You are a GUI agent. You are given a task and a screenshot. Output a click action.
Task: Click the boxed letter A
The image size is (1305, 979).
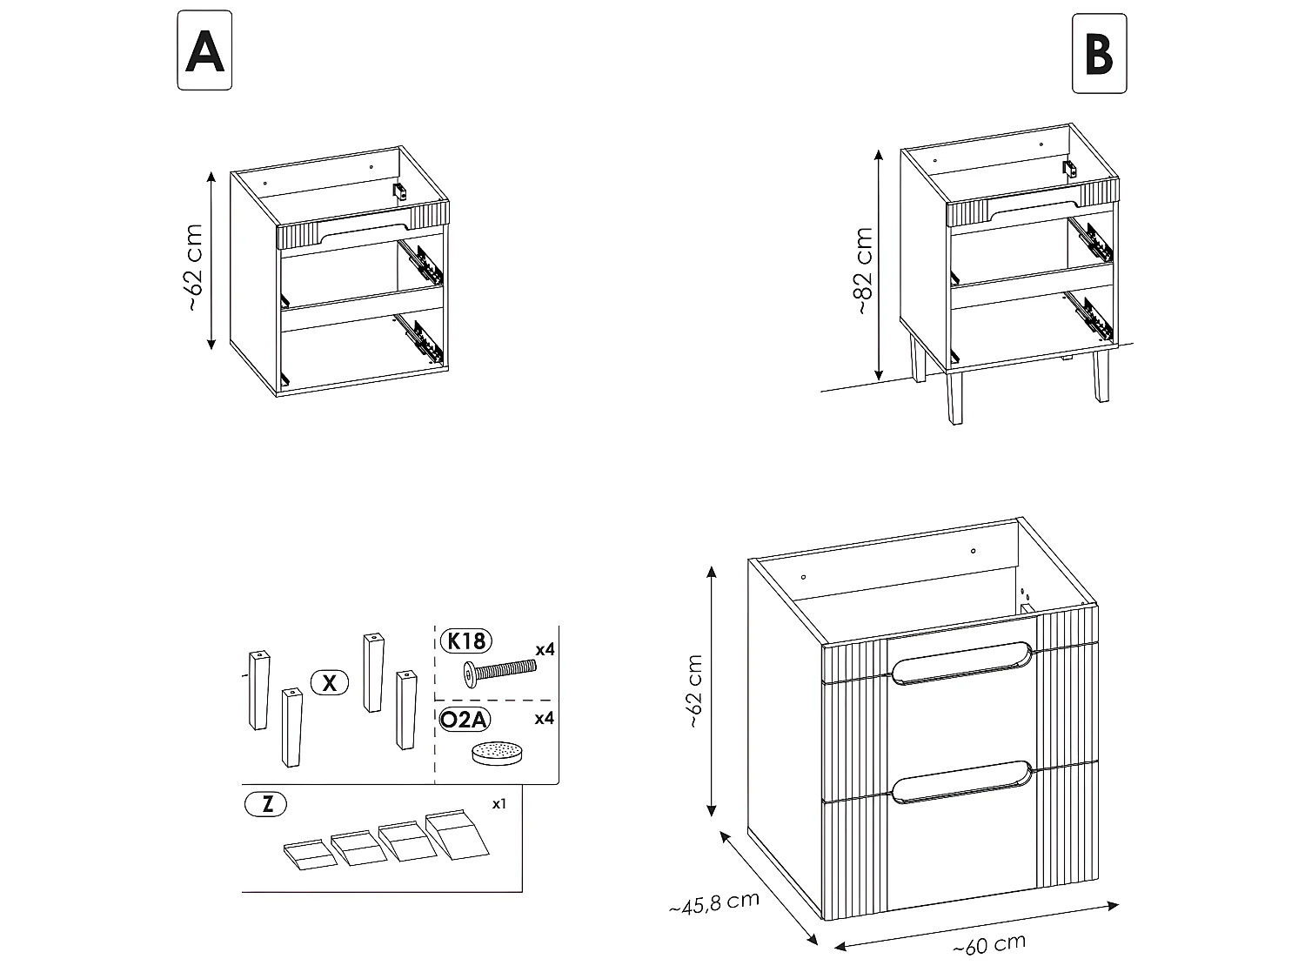[x=204, y=50]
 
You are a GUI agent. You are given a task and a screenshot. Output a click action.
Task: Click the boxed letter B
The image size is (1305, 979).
[x=1099, y=54]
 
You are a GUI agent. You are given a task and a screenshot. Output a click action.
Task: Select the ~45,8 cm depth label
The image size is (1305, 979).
[x=713, y=903]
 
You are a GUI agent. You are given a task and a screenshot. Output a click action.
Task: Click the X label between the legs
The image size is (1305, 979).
[x=329, y=683]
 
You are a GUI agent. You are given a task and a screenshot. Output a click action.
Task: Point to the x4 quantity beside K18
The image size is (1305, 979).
[x=545, y=649]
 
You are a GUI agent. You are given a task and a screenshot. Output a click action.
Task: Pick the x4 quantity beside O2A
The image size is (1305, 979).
[x=545, y=719]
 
